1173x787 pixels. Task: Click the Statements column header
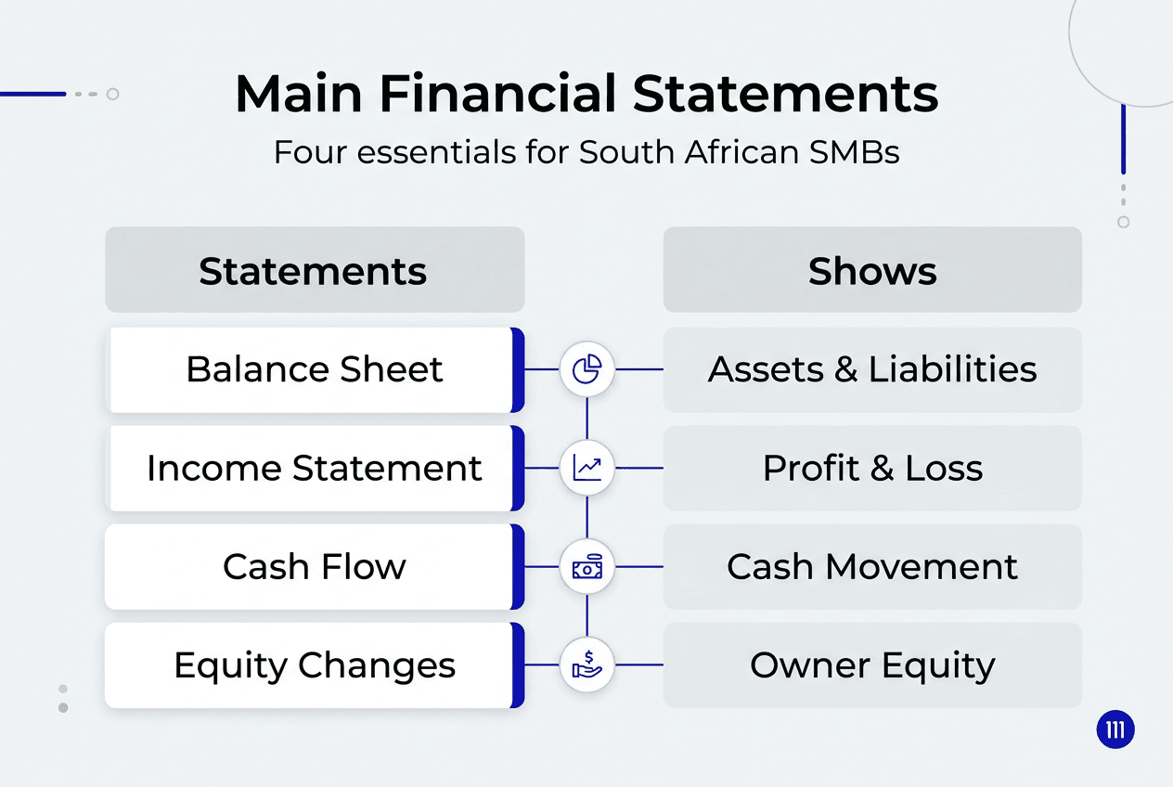pyautogui.click(x=314, y=271)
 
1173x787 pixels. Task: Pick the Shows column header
pyautogui.click(x=872, y=271)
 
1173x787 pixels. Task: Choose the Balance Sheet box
pyautogui.click(x=314, y=369)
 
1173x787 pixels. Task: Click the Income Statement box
pyautogui.click(x=314, y=468)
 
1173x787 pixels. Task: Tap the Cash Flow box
pyautogui.click(x=314, y=566)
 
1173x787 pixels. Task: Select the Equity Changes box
pyautogui.click(x=314, y=665)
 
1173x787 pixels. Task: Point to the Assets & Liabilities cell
pyautogui.click(x=872, y=369)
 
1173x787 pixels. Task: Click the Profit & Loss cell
pyautogui.click(x=872, y=468)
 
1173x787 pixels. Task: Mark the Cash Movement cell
pyautogui.click(x=872, y=566)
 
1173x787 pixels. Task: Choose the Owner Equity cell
pyautogui.click(x=872, y=665)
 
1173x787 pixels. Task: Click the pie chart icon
pyautogui.click(x=587, y=369)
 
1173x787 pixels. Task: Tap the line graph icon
pyautogui.click(x=587, y=468)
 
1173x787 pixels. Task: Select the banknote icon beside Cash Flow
pyautogui.click(x=587, y=566)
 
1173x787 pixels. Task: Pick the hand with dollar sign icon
pyautogui.click(x=587, y=665)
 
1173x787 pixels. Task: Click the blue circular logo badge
pyautogui.click(x=1115, y=730)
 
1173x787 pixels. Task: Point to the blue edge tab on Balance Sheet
pyautogui.click(x=518, y=369)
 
